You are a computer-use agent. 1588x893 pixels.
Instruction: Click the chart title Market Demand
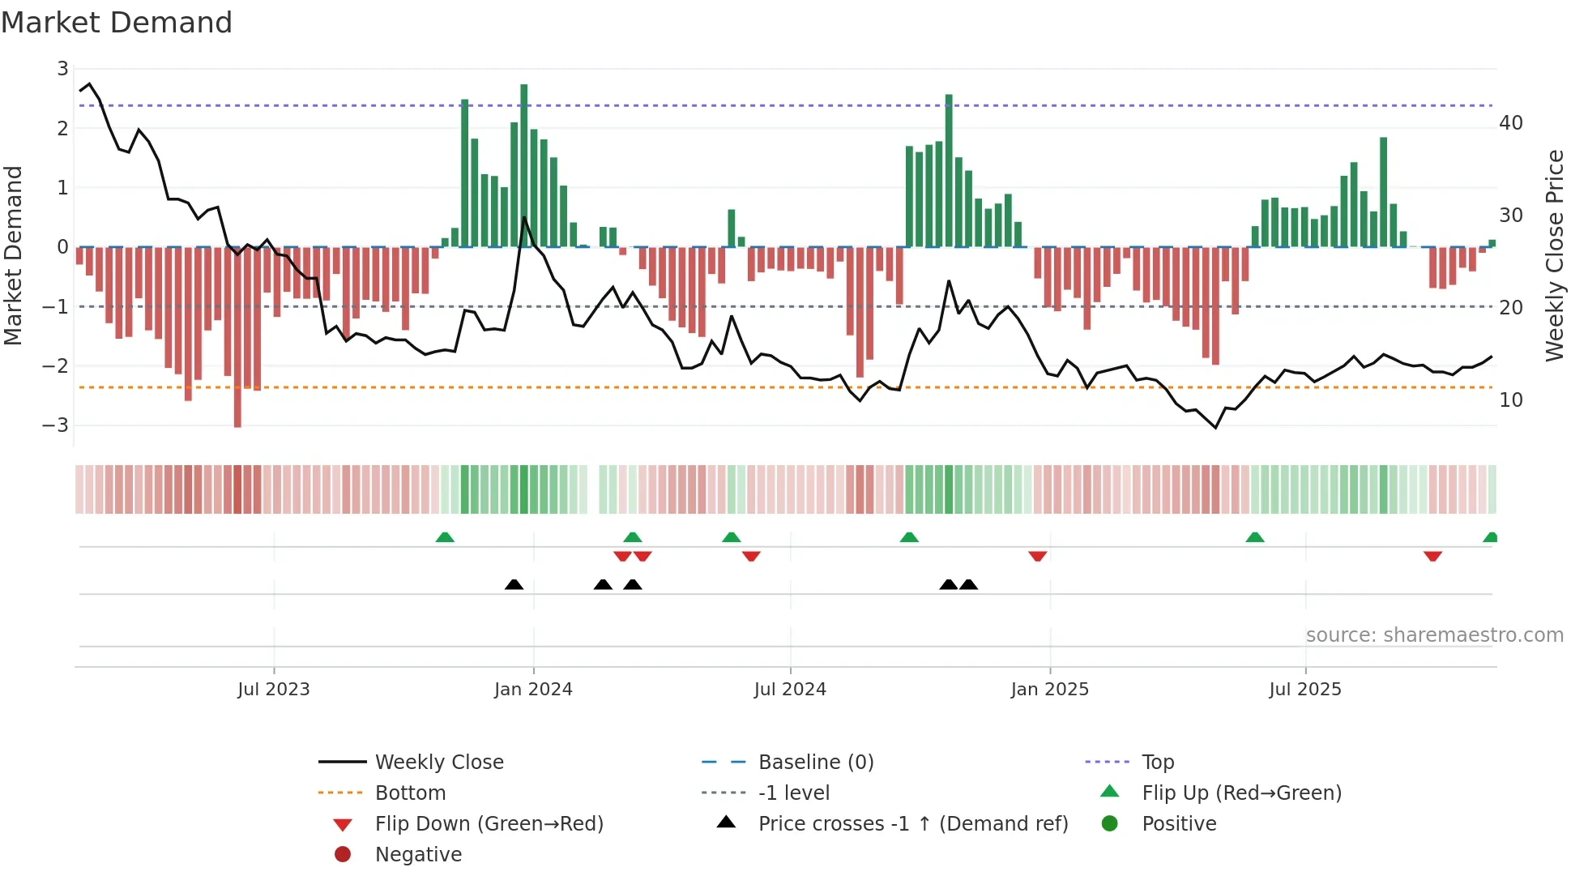(x=117, y=23)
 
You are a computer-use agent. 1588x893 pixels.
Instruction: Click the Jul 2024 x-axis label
(x=790, y=689)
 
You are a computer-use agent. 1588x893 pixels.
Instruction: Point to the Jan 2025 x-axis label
(x=1049, y=689)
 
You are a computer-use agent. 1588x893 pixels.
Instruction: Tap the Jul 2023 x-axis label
(x=274, y=689)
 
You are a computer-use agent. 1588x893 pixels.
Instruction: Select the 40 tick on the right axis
(x=1510, y=123)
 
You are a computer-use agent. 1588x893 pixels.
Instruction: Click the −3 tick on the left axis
(x=55, y=425)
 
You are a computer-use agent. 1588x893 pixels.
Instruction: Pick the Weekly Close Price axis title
(x=1554, y=255)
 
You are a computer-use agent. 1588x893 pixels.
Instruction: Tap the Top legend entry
(x=1157, y=762)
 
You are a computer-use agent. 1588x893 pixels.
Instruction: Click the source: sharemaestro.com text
(x=1434, y=634)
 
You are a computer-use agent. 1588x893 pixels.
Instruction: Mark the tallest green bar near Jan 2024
(x=524, y=166)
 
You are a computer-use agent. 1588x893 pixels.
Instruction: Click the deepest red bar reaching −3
(x=237, y=336)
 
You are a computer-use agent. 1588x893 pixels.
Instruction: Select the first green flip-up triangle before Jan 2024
(x=445, y=537)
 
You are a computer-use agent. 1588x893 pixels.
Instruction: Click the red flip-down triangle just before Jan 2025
(x=1038, y=556)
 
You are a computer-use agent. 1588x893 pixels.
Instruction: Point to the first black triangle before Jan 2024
(x=514, y=584)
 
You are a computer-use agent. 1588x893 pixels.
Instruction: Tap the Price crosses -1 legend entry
(x=912, y=823)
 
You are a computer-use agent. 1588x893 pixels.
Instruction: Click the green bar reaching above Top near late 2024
(x=949, y=170)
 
